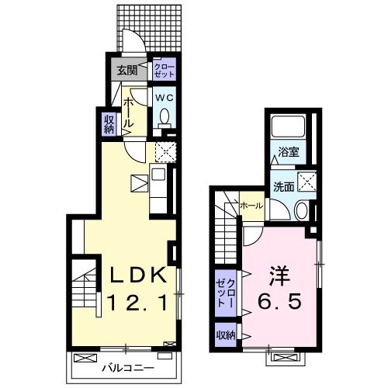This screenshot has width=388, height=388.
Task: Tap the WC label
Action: pyautogui.click(x=164, y=98)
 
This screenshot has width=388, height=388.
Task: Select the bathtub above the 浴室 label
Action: pyautogui.click(x=290, y=127)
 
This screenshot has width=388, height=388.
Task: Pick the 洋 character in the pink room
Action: pyautogui.click(x=279, y=276)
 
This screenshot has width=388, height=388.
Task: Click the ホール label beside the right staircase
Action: pyautogui.click(x=251, y=206)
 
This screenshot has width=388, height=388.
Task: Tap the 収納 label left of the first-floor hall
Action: pyautogui.click(x=109, y=124)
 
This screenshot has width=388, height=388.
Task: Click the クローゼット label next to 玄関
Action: pyautogui.click(x=164, y=71)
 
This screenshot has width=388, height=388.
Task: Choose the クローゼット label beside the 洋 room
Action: pyautogui.click(x=225, y=291)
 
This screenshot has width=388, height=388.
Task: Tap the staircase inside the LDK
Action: pyautogui.click(x=86, y=286)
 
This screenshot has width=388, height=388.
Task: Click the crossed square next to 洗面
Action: pyautogui.click(x=307, y=182)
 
